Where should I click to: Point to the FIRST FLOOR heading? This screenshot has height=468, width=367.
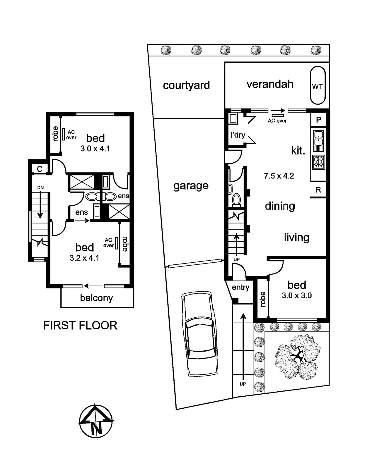pos(80,326)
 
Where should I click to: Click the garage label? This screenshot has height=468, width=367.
pos(191,186)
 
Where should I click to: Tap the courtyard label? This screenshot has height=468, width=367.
pos(186,85)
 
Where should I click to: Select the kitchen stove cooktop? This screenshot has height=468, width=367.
pos(319,161)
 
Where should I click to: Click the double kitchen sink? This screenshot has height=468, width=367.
pos(319,141)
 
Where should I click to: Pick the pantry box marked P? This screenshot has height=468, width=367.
pos(318,120)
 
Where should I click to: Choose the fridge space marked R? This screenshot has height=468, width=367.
pos(318,190)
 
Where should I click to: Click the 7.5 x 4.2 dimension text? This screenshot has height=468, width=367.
pos(279,176)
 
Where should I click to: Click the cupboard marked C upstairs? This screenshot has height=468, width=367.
pos(40,169)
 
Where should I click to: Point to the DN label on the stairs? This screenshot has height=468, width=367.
pos(40,188)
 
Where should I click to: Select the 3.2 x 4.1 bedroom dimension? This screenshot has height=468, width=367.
pos(84,258)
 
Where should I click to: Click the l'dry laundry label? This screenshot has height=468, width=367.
pos(238,135)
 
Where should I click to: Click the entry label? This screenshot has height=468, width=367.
pos(240,288)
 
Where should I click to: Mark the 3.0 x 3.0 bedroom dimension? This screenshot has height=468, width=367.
pos(296,295)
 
